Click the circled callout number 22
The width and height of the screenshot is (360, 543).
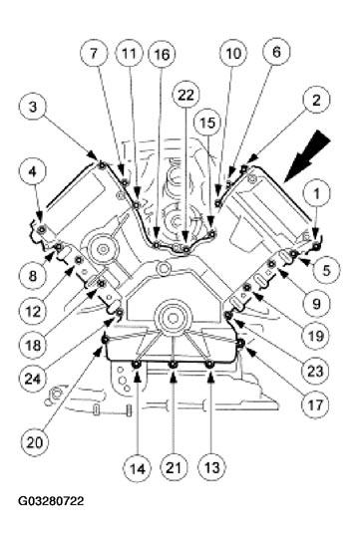(186, 96)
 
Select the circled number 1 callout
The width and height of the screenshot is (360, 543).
(316, 193)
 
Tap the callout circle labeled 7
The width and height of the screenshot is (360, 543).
(94, 54)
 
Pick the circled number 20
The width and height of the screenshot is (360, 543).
(34, 442)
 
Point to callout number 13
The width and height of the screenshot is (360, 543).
(211, 467)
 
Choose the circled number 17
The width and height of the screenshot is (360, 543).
(315, 405)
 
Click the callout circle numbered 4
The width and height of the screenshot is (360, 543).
(33, 171)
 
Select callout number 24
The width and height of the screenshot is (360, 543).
(33, 379)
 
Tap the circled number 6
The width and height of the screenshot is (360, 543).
(276, 52)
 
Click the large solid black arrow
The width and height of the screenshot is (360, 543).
(307, 156)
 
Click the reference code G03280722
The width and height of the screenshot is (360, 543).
(51, 501)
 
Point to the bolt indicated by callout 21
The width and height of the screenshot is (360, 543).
(173, 365)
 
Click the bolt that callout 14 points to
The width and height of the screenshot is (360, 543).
(136, 364)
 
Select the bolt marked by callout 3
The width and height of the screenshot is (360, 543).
(102, 164)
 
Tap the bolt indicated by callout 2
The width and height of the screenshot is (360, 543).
(244, 168)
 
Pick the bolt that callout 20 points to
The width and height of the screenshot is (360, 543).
(105, 340)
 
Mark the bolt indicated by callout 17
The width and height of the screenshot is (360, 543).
(240, 343)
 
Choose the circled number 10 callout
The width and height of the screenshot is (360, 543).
(233, 54)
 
